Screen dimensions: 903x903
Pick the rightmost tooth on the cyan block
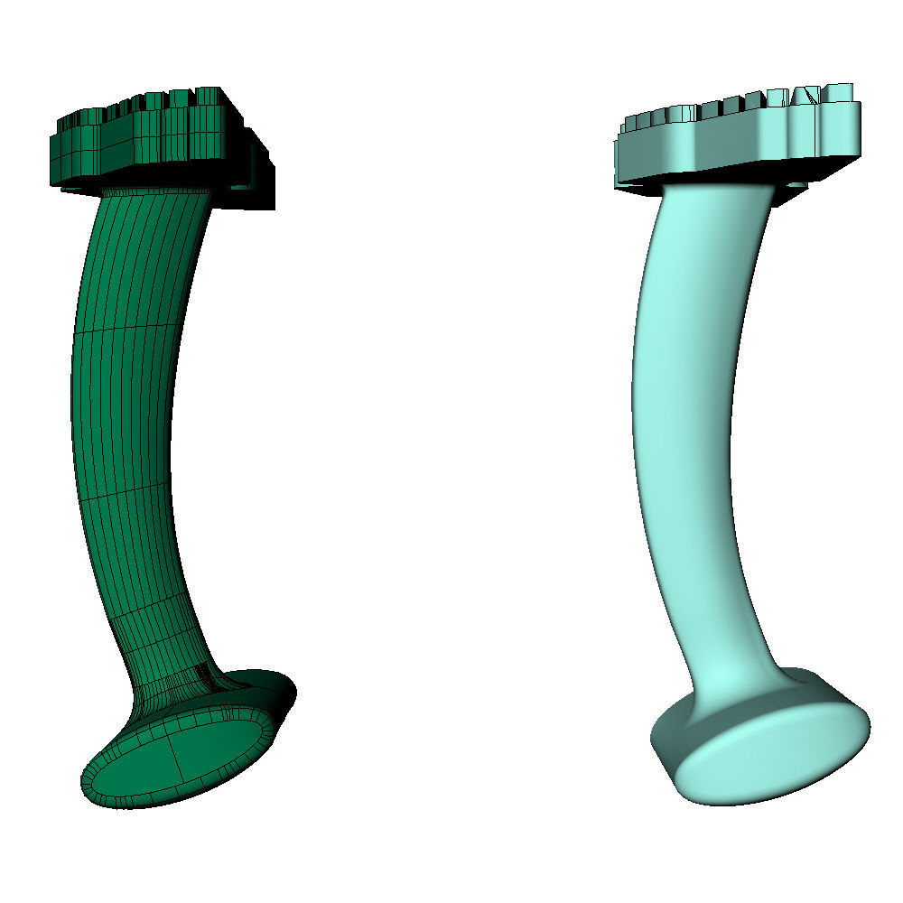(839, 91)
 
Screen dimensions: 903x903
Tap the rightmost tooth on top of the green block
(209, 96)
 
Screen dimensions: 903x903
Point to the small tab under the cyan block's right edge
(795, 183)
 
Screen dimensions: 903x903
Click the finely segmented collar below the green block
(154, 192)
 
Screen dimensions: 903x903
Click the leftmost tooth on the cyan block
(632, 123)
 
